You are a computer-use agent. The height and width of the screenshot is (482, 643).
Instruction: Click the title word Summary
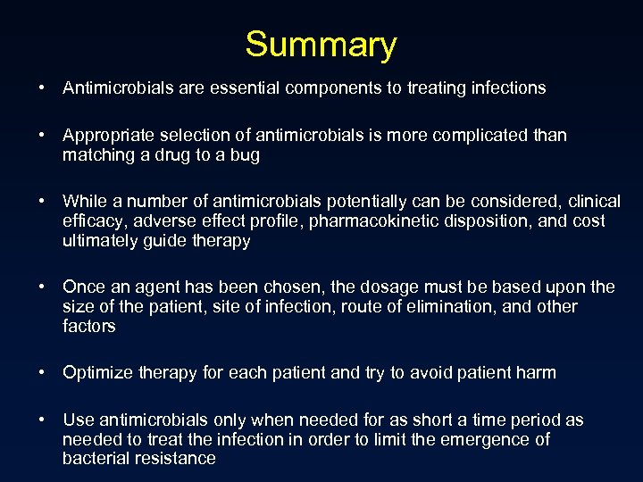pos(321,45)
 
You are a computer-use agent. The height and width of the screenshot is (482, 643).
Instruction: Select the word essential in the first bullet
pos(235,87)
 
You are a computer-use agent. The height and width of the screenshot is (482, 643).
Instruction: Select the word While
pos(85,202)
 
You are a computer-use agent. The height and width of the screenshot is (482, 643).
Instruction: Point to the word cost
pos(588,220)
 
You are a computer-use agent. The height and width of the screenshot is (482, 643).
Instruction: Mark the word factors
pos(89,326)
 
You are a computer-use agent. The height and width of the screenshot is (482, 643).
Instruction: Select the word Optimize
pos(97,372)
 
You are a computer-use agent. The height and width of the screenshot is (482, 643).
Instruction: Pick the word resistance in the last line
pos(175,459)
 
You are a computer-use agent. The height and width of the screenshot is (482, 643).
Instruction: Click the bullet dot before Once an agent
pos(42,287)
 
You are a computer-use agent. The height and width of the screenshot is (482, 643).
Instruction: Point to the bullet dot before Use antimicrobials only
pos(42,420)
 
